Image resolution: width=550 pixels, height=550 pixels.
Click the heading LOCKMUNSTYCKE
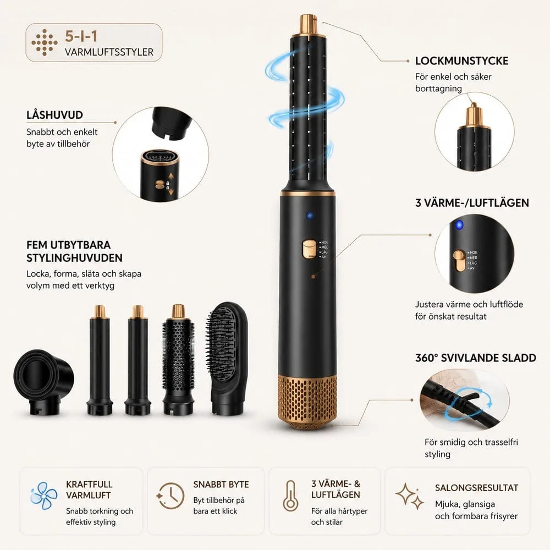pyautogui.click(x=461, y=61)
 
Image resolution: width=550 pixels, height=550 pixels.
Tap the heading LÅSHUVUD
pyautogui.click(x=54, y=115)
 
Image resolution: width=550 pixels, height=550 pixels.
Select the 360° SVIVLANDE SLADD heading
pyautogui.click(x=476, y=358)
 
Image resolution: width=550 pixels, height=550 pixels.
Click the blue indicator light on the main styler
pyautogui.click(x=309, y=215)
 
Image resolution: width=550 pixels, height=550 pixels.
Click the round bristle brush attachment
pyautogui.click(x=178, y=360)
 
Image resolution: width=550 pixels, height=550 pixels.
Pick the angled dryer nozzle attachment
pyautogui.click(x=43, y=381)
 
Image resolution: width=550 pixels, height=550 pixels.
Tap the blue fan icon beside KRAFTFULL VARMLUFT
pyautogui.click(x=43, y=496)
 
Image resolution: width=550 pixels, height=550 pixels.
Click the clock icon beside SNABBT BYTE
pyautogui.click(x=170, y=496)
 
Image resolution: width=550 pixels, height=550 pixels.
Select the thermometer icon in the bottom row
pyautogui.click(x=290, y=496)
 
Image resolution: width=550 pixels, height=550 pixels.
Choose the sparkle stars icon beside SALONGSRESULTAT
pyautogui.click(x=409, y=496)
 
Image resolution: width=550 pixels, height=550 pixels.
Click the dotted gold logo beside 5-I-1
pyautogui.click(x=45, y=42)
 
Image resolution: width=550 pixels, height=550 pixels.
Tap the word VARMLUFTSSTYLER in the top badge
pyautogui.click(x=109, y=52)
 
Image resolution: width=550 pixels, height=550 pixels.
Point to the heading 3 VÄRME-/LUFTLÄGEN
pyautogui.click(x=472, y=203)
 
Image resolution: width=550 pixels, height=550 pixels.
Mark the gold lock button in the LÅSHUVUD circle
pyautogui.click(x=160, y=184)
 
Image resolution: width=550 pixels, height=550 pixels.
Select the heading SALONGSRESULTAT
pyautogui.click(x=476, y=487)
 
